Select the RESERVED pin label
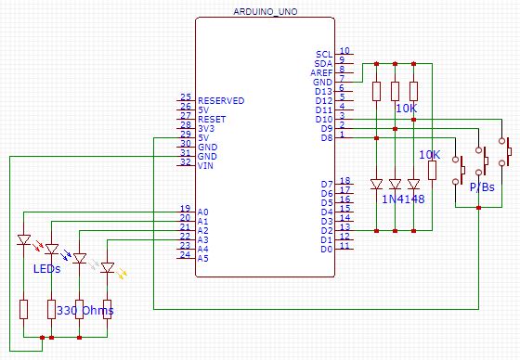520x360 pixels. [x=221, y=100]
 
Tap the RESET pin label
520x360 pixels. [x=211, y=118]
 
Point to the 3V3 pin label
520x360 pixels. [x=206, y=127]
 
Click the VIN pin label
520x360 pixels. [x=205, y=164]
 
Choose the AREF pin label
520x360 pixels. [x=323, y=72]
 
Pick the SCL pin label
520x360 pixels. [x=325, y=55]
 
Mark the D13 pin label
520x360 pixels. [x=324, y=92]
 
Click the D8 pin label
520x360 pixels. [x=326, y=137]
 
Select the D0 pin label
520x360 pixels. [x=326, y=249]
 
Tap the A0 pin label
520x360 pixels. [x=203, y=212]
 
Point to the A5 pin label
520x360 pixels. [x=203, y=258]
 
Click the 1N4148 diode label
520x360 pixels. [x=404, y=199]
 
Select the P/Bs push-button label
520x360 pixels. [x=481, y=187]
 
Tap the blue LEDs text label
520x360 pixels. [x=49, y=269]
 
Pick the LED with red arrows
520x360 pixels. [x=25, y=241]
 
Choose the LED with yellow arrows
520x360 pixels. [x=108, y=269]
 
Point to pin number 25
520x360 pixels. [x=185, y=96]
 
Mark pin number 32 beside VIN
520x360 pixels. [x=185, y=161]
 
